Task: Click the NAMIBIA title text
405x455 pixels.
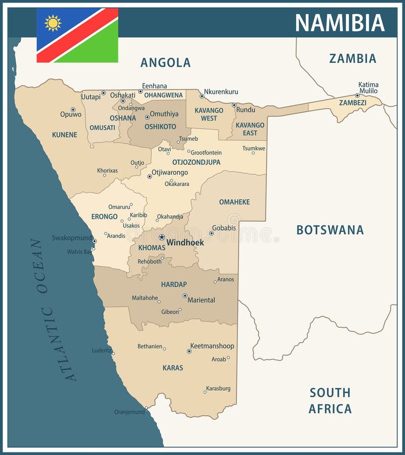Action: click(340, 23)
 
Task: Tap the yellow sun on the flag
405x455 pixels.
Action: click(53, 23)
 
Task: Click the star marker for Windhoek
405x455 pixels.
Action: click(161, 237)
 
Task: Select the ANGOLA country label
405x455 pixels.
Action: click(166, 62)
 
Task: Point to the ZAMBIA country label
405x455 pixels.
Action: click(352, 58)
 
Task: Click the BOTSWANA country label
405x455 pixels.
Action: click(330, 230)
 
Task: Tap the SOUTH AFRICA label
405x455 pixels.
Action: click(330, 400)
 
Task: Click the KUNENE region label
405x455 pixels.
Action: click(64, 135)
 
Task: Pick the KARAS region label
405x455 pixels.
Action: click(173, 368)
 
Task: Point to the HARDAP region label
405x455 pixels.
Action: click(174, 284)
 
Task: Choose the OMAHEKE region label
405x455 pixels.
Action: click(234, 202)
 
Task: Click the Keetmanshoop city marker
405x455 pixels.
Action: click(189, 351)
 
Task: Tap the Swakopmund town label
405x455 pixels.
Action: click(72, 238)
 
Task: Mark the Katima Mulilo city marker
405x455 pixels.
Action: click(357, 95)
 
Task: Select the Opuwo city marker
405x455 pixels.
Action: click(73, 109)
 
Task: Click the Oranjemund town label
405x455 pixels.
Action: click(129, 412)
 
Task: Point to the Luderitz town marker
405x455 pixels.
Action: click(113, 353)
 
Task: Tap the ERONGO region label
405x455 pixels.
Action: click(104, 217)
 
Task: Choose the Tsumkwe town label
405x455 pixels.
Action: click(254, 148)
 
